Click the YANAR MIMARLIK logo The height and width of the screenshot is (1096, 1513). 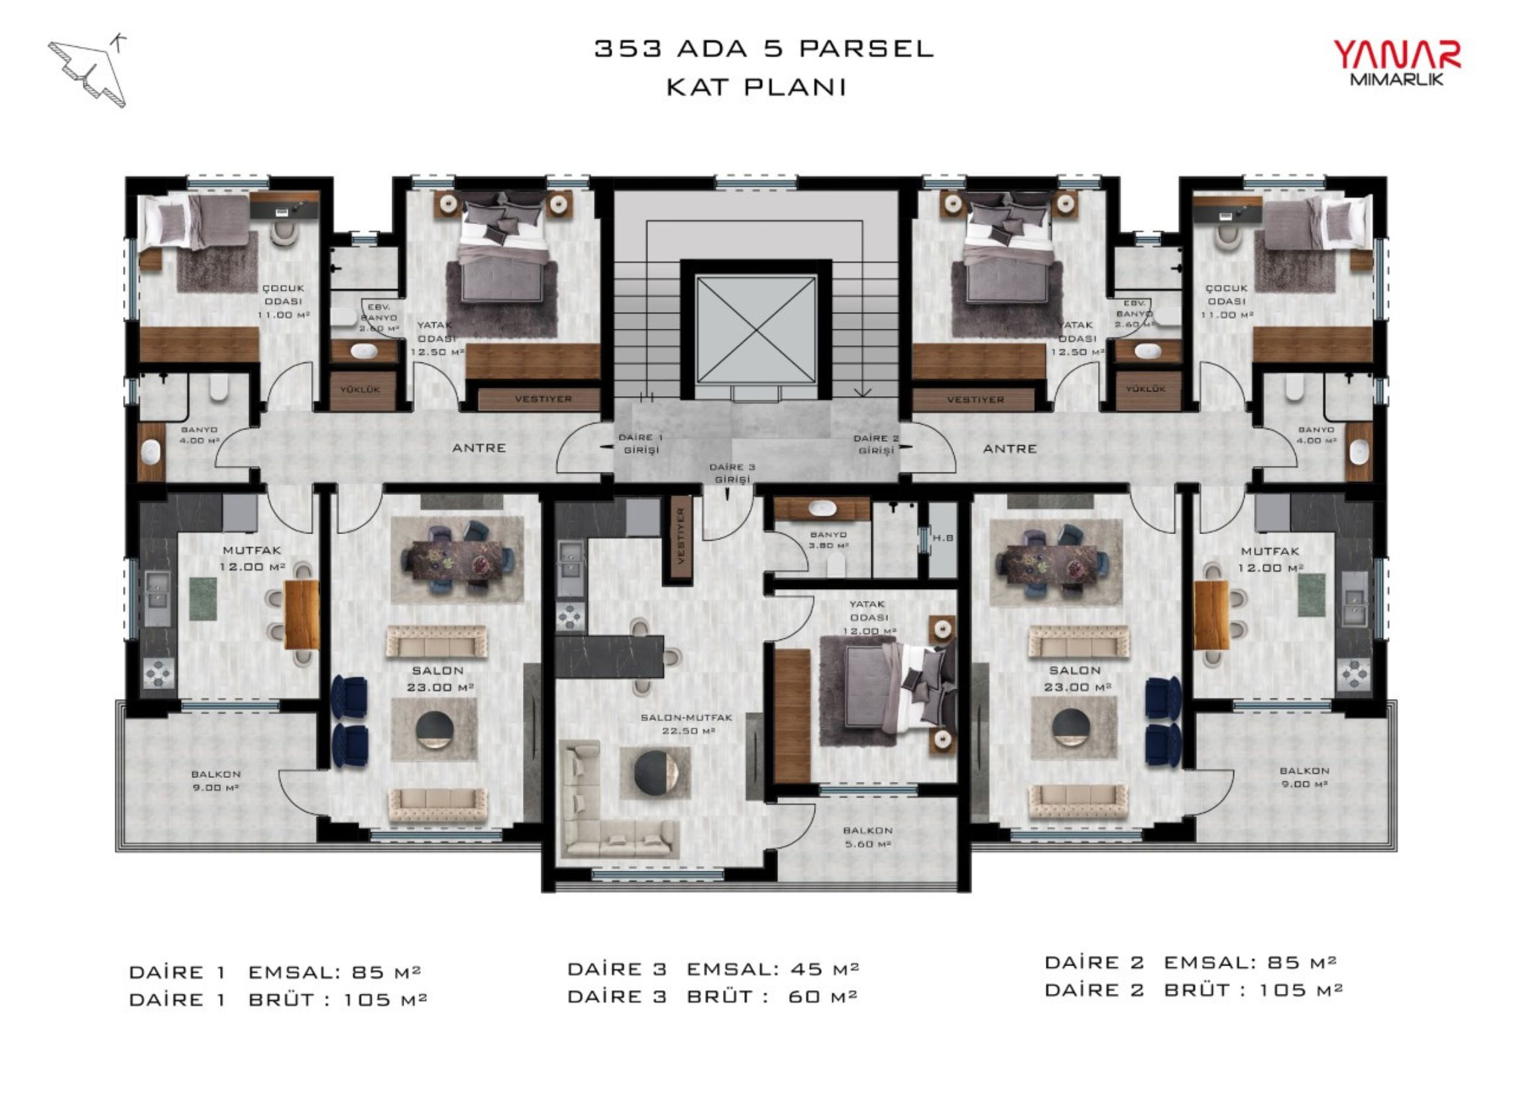click(1396, 63)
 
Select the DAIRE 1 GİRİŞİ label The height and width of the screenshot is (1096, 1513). click(640, 443)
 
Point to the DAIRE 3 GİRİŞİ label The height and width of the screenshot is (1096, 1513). click(732, 473)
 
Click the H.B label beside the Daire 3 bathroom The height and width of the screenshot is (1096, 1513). click(942, 537)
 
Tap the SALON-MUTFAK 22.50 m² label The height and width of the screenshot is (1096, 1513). click(687, 724)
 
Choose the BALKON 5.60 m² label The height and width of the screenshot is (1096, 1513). click(868, 837)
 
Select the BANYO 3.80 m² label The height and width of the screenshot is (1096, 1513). click(828, 539)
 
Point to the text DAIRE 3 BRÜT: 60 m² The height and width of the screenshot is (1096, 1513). click(712, 997)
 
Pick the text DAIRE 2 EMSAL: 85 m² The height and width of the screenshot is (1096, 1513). click(1191, 963)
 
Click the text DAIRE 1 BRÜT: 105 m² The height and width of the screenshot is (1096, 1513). click(278, 999)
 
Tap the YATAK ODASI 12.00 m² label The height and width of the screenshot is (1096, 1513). click(869, 617)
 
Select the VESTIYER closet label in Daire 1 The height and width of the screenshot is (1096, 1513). click(543, 399)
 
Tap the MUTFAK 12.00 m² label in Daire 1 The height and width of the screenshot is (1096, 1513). click(252, 559)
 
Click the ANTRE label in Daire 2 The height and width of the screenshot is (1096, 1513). click(1009, 449)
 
